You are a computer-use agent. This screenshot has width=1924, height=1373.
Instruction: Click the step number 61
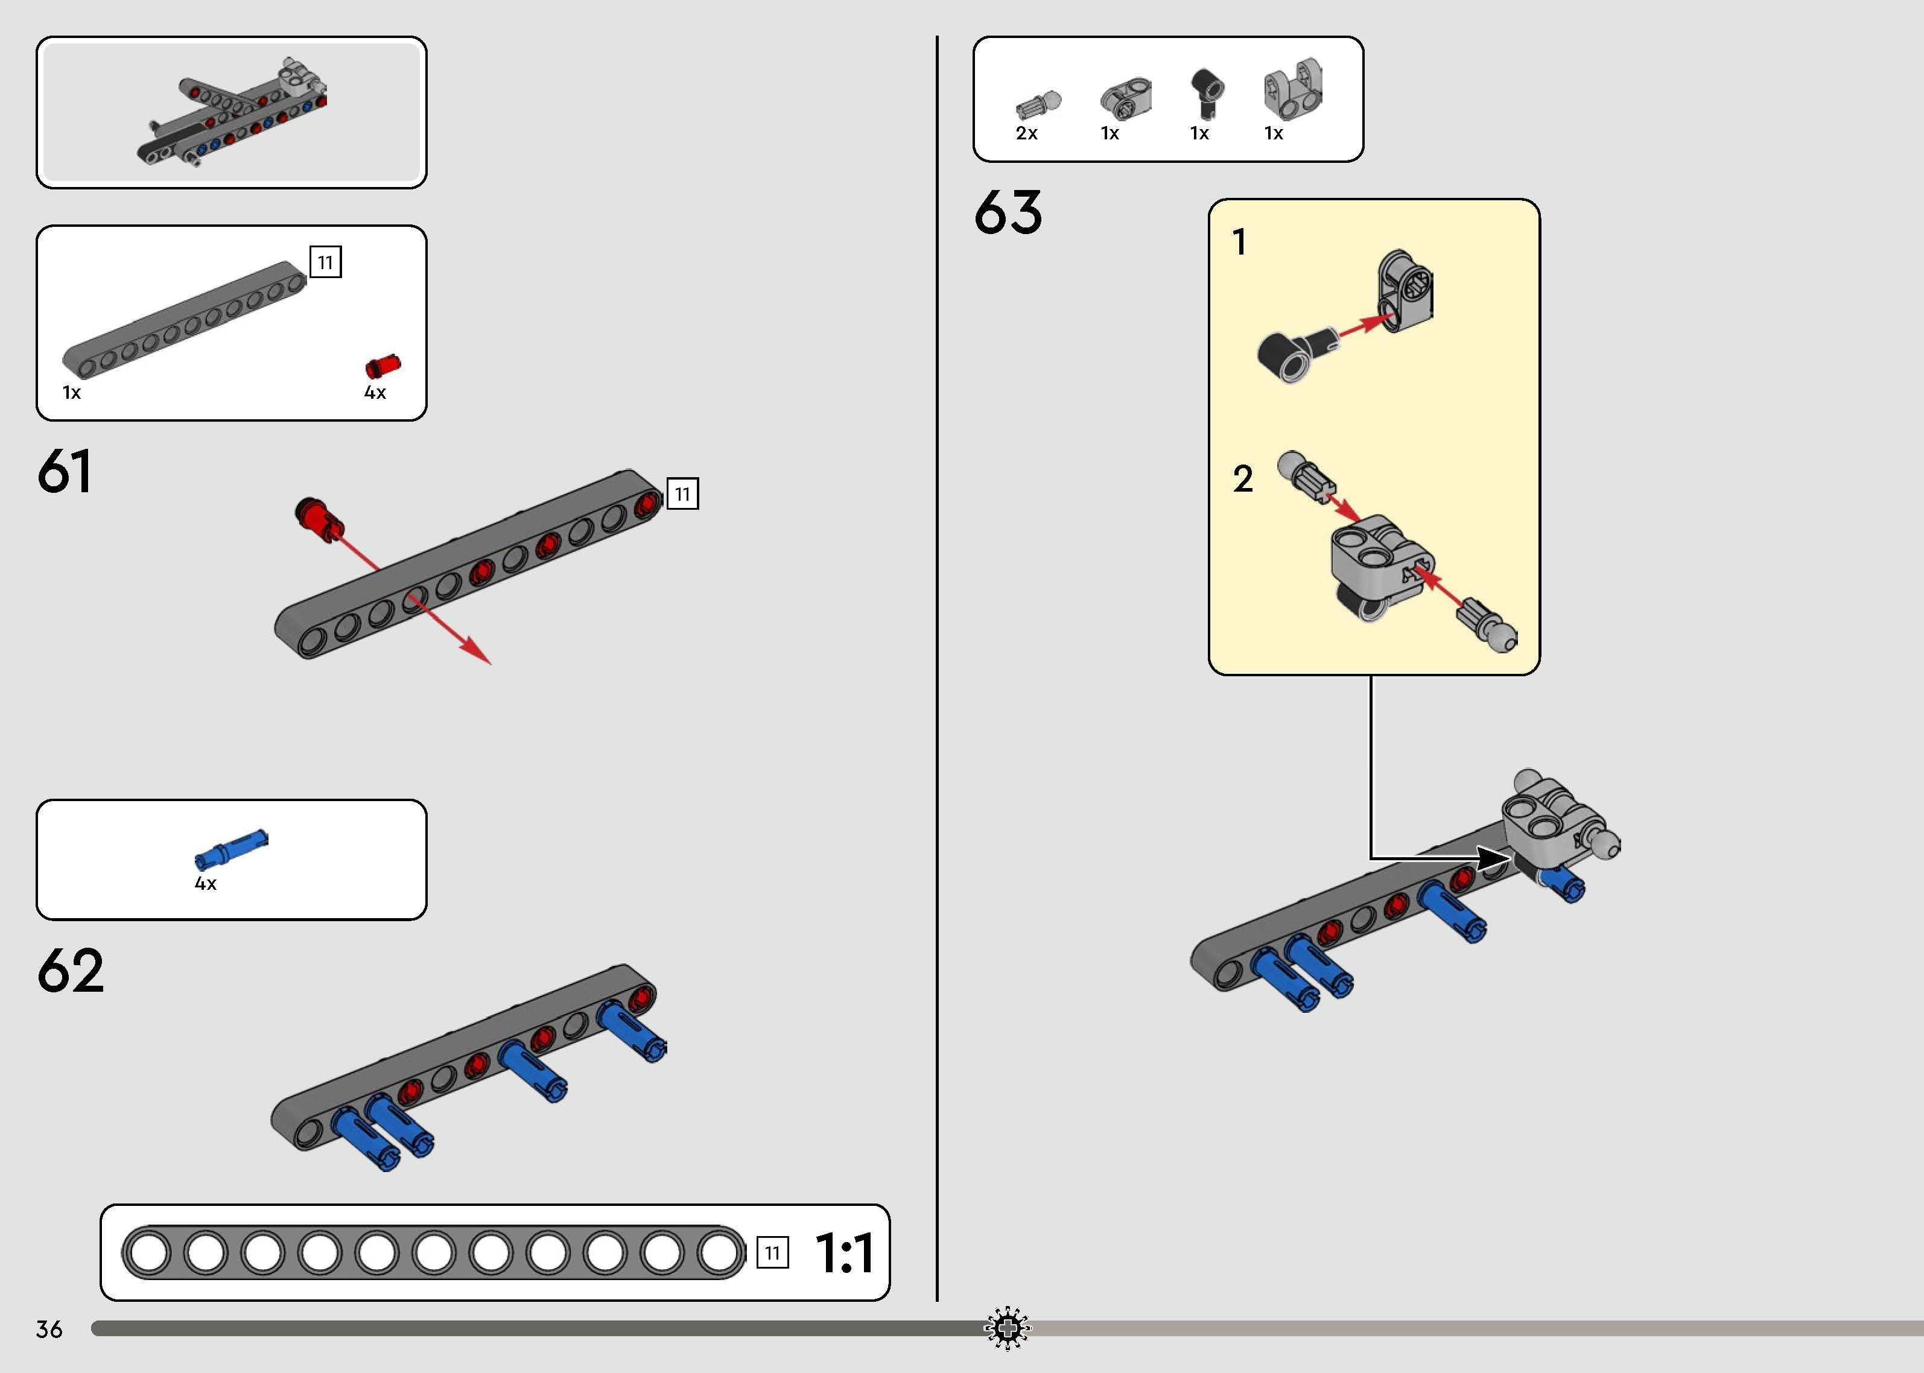click(64, 471)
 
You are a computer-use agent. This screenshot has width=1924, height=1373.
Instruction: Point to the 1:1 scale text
click(845, 1253)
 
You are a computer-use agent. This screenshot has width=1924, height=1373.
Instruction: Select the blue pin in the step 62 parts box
click(232, 849)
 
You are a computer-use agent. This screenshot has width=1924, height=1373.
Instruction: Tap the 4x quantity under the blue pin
click(205, 884)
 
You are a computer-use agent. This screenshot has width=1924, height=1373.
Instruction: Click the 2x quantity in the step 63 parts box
click(1026, 133)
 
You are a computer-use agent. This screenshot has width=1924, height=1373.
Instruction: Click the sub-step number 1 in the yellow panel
click(1240, 243)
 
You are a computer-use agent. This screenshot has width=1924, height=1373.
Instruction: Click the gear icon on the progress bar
click(1008, 1329)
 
